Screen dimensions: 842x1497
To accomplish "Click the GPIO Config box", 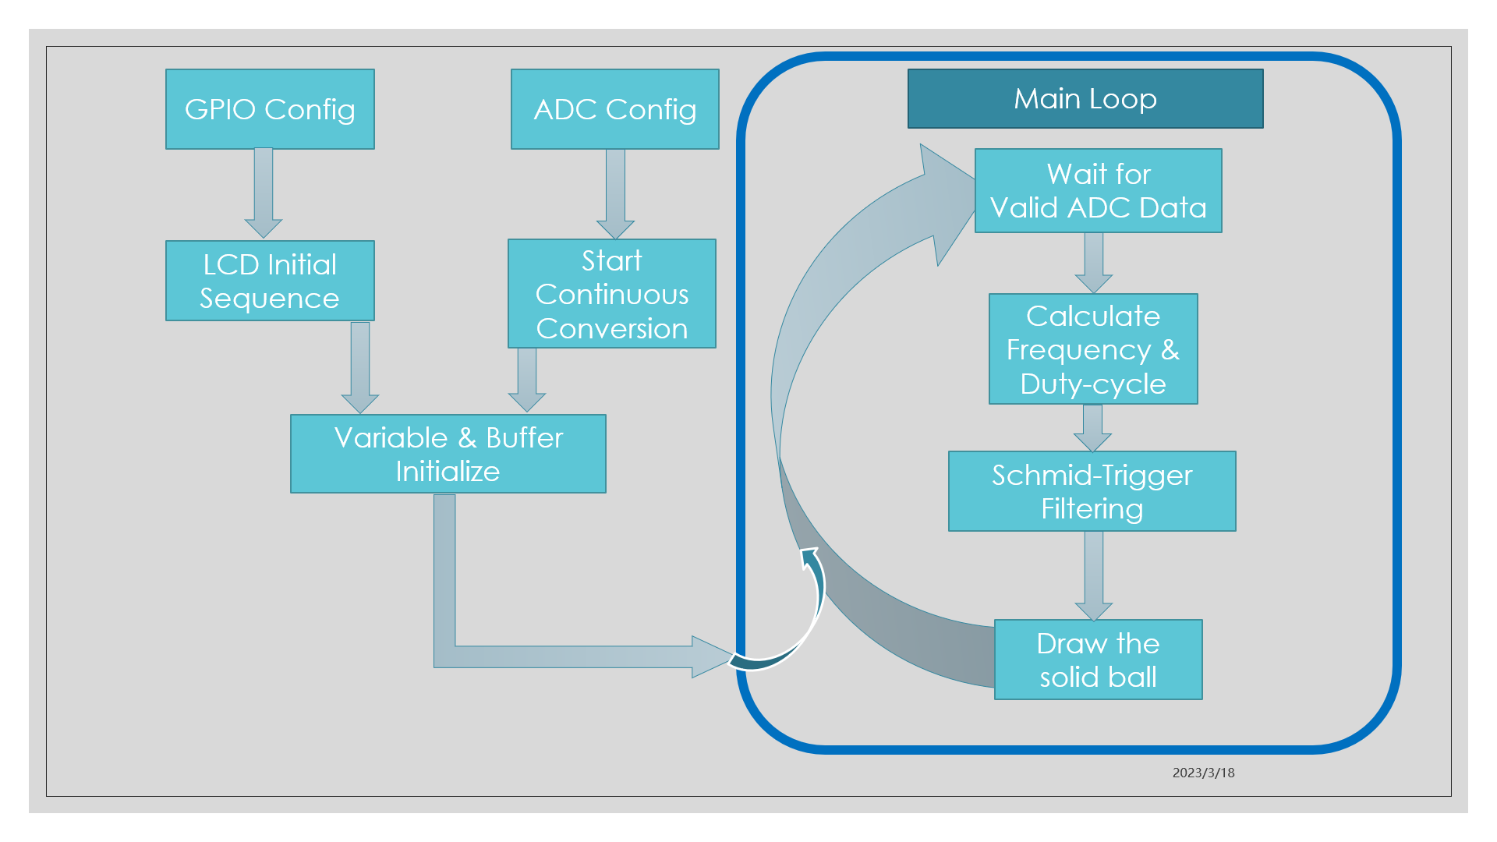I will click(270, 109).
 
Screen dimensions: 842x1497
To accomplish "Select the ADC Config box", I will click(614, 109).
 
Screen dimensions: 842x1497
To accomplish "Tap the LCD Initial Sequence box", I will click(270, 281).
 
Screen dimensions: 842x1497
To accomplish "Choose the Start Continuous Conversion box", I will click(612, 294).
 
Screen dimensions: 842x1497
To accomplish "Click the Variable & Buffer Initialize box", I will click(448, 454).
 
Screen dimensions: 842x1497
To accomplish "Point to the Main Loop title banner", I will click(1085, 99).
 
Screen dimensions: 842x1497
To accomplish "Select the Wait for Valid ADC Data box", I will click(1098, 191).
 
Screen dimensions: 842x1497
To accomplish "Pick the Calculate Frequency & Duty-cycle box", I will click(1093, 349).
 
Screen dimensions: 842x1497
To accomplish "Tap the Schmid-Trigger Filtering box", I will click(1092, 491).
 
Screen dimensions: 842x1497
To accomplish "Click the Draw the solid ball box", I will click(1098, 660).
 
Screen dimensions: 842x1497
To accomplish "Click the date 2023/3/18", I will click(1203, 773).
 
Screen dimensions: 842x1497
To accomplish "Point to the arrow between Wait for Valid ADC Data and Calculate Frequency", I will click(1093, 263).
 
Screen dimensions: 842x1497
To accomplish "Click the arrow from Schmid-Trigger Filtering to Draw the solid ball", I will click(1093, 575).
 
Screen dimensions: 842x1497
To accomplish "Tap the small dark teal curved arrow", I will click(803, 624).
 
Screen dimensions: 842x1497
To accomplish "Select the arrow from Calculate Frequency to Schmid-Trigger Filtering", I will click(1092, 428).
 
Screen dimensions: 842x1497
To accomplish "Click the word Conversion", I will click(612, 329).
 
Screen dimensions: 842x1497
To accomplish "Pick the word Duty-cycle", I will click(1092, 384).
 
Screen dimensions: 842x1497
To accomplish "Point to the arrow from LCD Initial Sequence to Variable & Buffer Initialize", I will click(360, 367).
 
